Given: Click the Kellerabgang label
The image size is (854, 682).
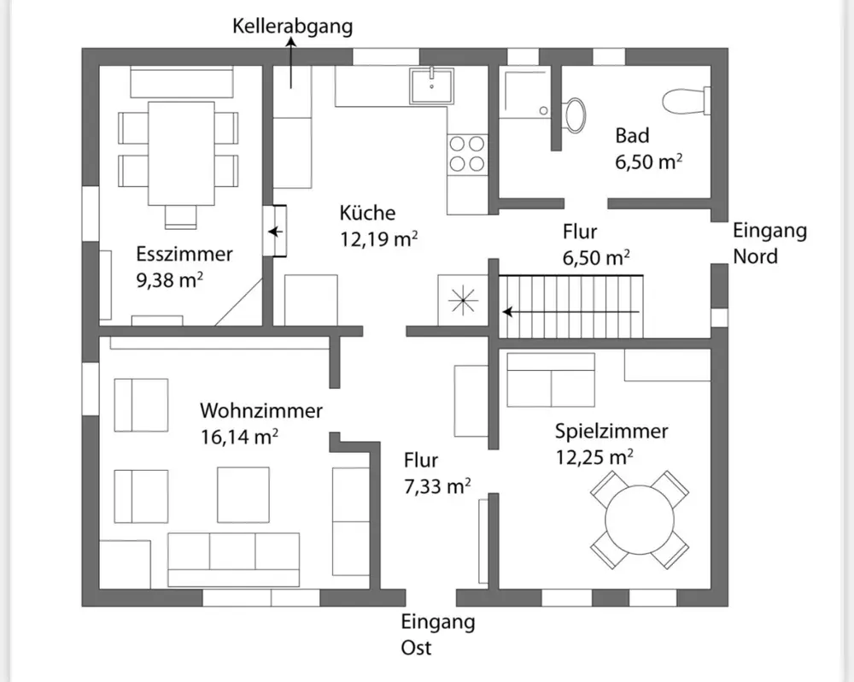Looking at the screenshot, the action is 292,26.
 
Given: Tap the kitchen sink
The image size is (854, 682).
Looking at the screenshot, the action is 432,85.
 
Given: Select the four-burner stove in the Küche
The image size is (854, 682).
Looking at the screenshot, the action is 467,154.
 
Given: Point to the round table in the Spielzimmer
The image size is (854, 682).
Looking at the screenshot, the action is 640,520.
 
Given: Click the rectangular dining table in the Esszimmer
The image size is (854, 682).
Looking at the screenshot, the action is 181,153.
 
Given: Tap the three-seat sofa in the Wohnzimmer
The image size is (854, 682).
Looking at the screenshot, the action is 234,559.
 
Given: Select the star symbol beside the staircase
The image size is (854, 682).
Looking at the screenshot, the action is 462,300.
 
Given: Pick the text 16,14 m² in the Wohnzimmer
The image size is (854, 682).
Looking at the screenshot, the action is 240,437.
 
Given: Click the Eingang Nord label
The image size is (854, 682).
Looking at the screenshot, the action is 769,243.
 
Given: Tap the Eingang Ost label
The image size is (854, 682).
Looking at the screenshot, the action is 438,635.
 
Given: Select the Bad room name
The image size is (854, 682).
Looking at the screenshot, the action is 632,136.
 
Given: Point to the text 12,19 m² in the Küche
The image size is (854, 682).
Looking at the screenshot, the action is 379,238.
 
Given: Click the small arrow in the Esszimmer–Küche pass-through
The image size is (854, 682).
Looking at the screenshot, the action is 276,232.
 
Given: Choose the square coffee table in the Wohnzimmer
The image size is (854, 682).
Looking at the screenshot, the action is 243,495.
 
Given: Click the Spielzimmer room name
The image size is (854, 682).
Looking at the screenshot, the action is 611,432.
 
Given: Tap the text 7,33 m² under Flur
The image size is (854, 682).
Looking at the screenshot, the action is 437,485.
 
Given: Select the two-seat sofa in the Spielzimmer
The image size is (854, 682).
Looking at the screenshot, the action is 551,380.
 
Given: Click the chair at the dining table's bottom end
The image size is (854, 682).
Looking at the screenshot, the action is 180,216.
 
